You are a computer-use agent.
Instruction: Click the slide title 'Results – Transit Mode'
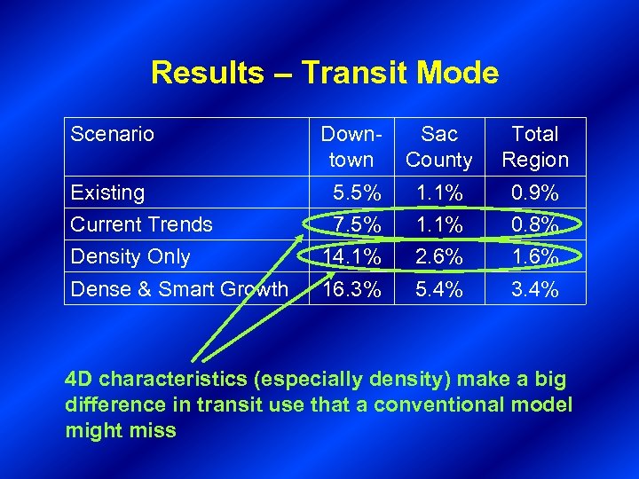(x=324, y=73)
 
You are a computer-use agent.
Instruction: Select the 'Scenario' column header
(x=112, y=135)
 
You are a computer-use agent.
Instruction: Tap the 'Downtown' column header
(x=351, y=147)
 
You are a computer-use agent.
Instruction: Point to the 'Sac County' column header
(x=438, y=147)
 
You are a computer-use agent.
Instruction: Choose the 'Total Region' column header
(x=535, y=147)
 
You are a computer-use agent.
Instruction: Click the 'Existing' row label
(x=107, y=192)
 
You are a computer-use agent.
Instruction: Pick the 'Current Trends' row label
(x=141, y=224)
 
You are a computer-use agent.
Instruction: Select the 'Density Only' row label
(x=130, y=256)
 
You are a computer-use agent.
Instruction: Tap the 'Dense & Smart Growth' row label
(x=179, y=288)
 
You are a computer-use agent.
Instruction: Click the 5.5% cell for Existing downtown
(x=358, y=192)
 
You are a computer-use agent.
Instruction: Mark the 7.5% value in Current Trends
(x=358, y=224)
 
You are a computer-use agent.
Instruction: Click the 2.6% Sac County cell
(x=439, y=256)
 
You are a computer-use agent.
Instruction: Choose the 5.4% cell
(x=439, y=288)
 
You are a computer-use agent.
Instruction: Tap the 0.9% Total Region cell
(x=536, y=192)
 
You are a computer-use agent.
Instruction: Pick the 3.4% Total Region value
(x=536, y=288)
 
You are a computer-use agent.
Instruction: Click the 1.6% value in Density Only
(x=536, y=256)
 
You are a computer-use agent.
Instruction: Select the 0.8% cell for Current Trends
(x=536, y=224)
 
